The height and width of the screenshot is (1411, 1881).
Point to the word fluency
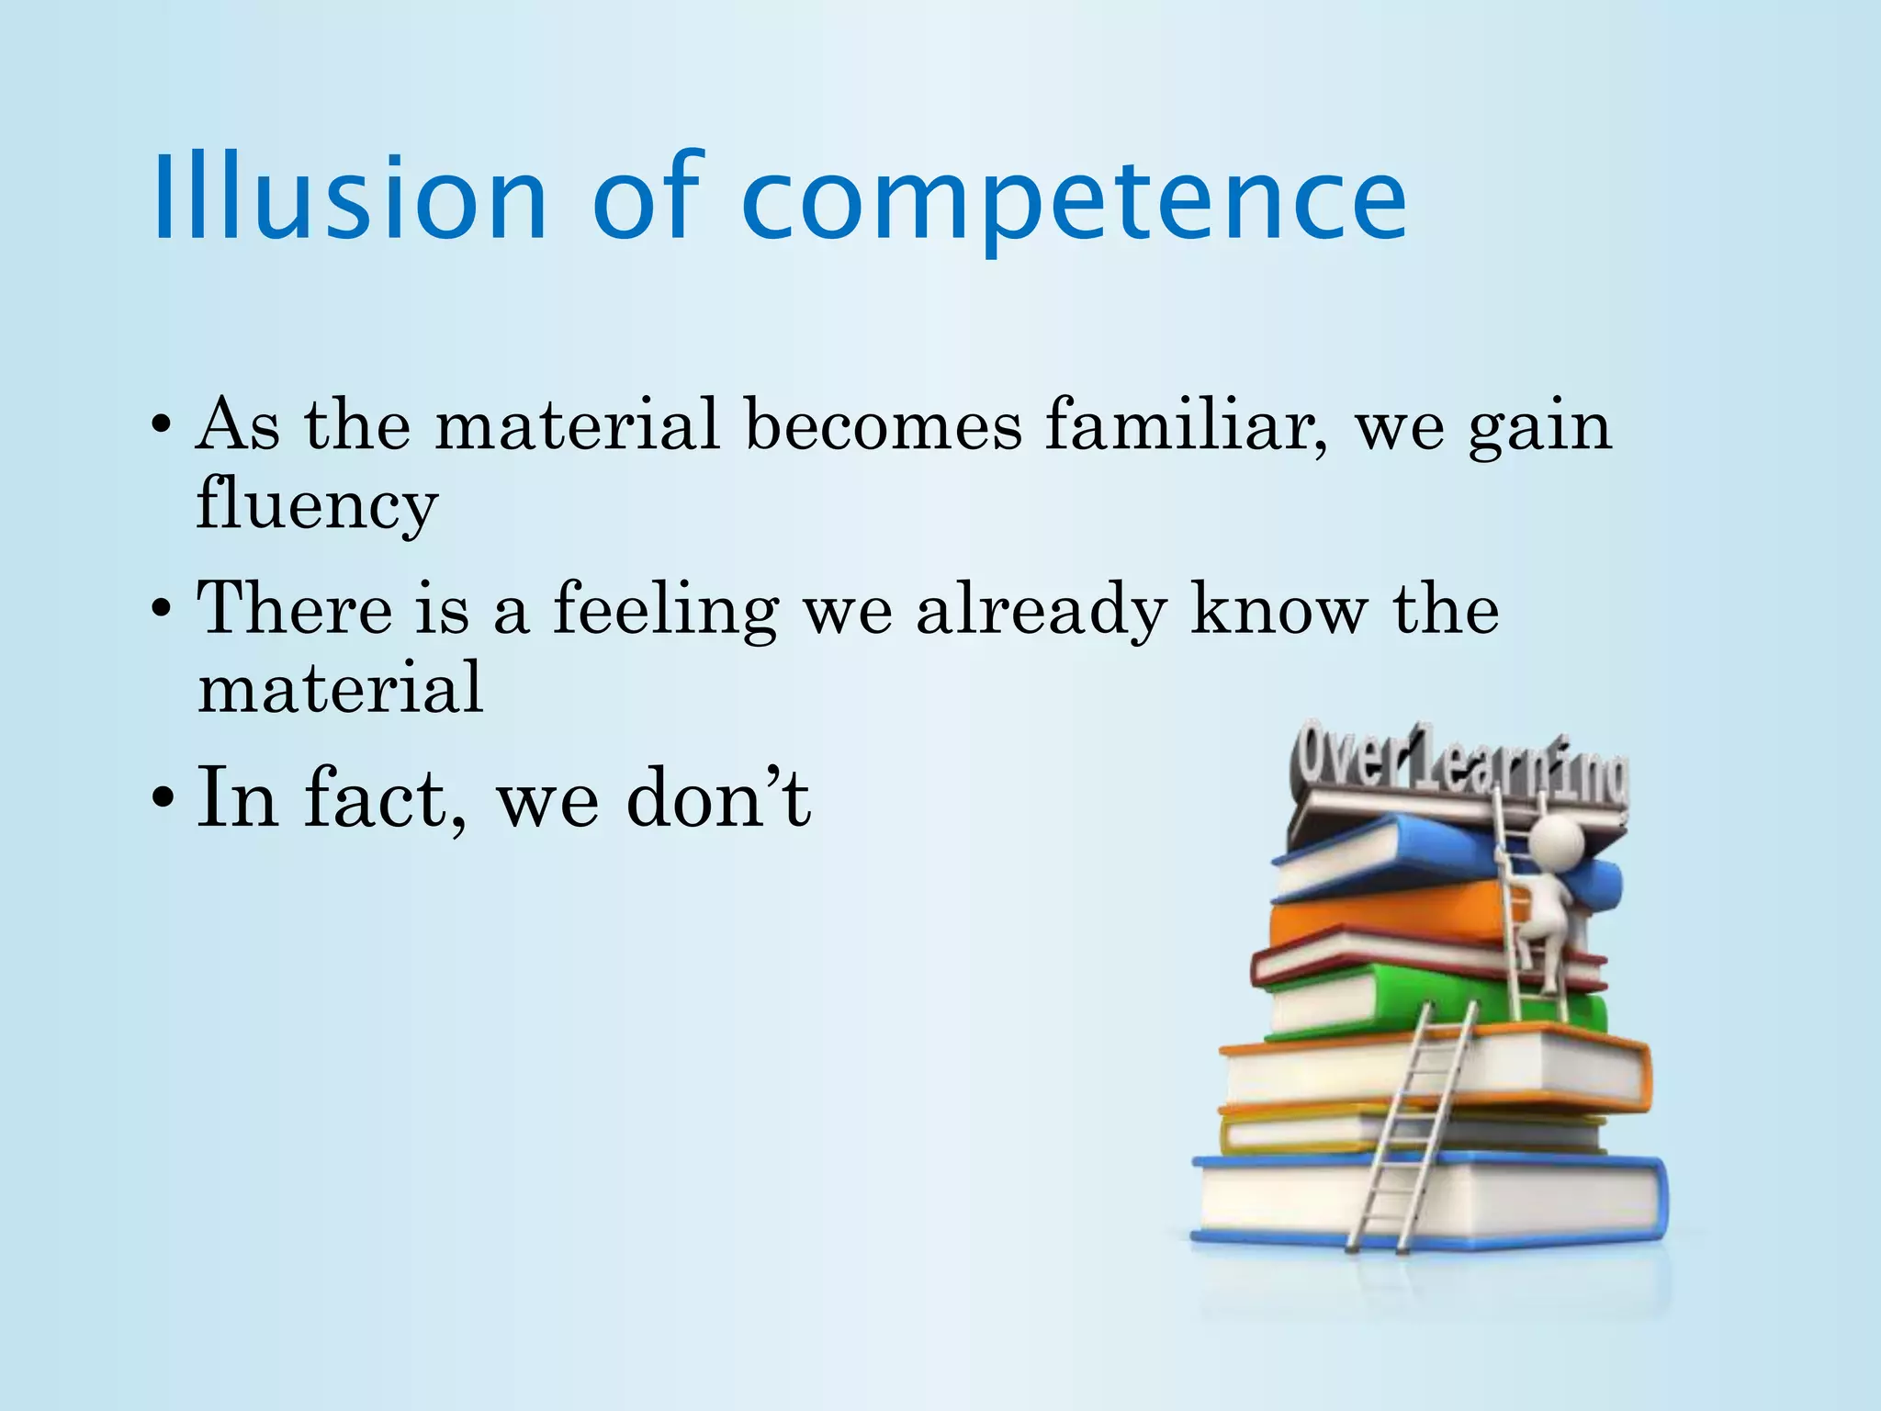[317, 505]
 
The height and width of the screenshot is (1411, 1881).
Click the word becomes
[883, 424]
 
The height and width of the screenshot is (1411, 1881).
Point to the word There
[294, 608]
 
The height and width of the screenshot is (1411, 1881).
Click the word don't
[718, 797]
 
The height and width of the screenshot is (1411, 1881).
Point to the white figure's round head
[1554, 839]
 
